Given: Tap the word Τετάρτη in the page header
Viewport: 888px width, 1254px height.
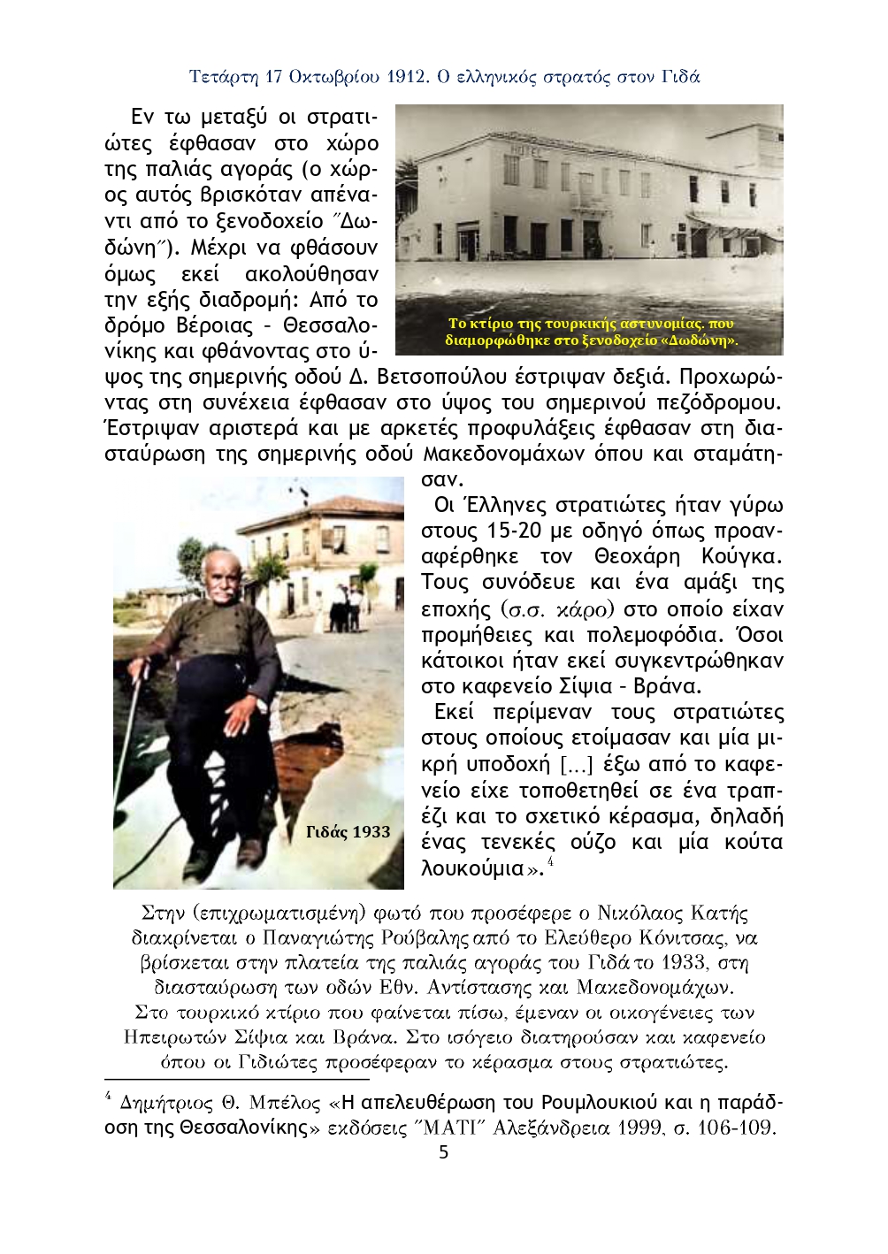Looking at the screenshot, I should pos(223,77).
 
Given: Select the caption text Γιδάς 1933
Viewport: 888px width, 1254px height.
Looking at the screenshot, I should pos(348,832).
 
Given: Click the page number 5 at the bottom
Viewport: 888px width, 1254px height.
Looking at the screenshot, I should pos(443,1152).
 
